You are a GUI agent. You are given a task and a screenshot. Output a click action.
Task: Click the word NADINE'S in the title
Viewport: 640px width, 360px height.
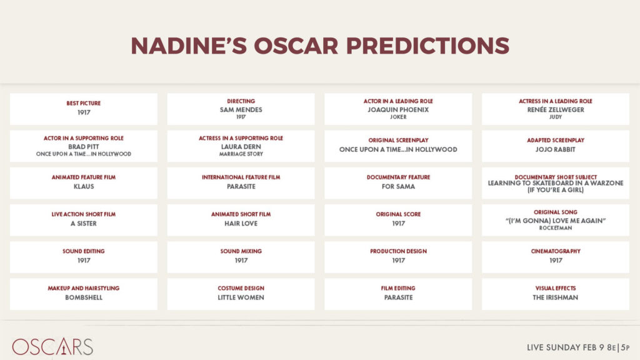point(189,45)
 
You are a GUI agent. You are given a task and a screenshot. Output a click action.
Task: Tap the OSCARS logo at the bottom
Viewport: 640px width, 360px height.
point(52,346)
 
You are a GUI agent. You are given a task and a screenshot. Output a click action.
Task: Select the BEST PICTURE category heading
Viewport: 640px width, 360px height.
point(84,103)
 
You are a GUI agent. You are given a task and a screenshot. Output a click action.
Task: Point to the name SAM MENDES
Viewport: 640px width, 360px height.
point(241,110)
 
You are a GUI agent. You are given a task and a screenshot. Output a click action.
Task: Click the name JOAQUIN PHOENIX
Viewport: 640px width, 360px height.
point(398,110)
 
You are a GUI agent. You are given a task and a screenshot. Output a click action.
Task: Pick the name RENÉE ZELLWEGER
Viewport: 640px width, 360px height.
point(556,109)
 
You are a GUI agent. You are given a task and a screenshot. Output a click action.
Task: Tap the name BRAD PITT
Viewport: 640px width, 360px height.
point(84,146)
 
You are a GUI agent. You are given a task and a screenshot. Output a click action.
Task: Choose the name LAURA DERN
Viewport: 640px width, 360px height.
point(241,146)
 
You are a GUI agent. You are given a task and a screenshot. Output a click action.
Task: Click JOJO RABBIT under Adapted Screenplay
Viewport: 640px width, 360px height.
point(556,149)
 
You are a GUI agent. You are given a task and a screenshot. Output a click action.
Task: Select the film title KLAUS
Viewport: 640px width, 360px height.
point(84,186)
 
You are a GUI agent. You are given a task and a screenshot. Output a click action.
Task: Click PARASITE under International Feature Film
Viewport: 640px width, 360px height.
point(241,186)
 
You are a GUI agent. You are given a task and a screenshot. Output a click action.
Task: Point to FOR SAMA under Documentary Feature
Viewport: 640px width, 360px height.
point(398,186)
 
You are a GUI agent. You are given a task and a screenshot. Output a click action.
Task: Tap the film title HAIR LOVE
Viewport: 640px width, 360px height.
point(241,224)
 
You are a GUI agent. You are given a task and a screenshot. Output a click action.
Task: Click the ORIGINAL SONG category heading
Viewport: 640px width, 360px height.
point(556,212)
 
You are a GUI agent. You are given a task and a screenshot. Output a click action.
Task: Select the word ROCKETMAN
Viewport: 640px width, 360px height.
point(556,228)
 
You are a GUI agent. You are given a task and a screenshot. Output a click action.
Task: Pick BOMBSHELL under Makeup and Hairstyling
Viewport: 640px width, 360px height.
point(84,297)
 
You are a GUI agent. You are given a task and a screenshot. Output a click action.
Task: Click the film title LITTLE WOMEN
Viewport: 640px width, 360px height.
point(241,297)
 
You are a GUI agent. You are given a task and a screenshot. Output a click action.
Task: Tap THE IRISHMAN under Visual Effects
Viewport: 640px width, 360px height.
point(556,297)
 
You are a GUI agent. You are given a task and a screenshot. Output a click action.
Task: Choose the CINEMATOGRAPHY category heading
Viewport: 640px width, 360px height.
point(556,251)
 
